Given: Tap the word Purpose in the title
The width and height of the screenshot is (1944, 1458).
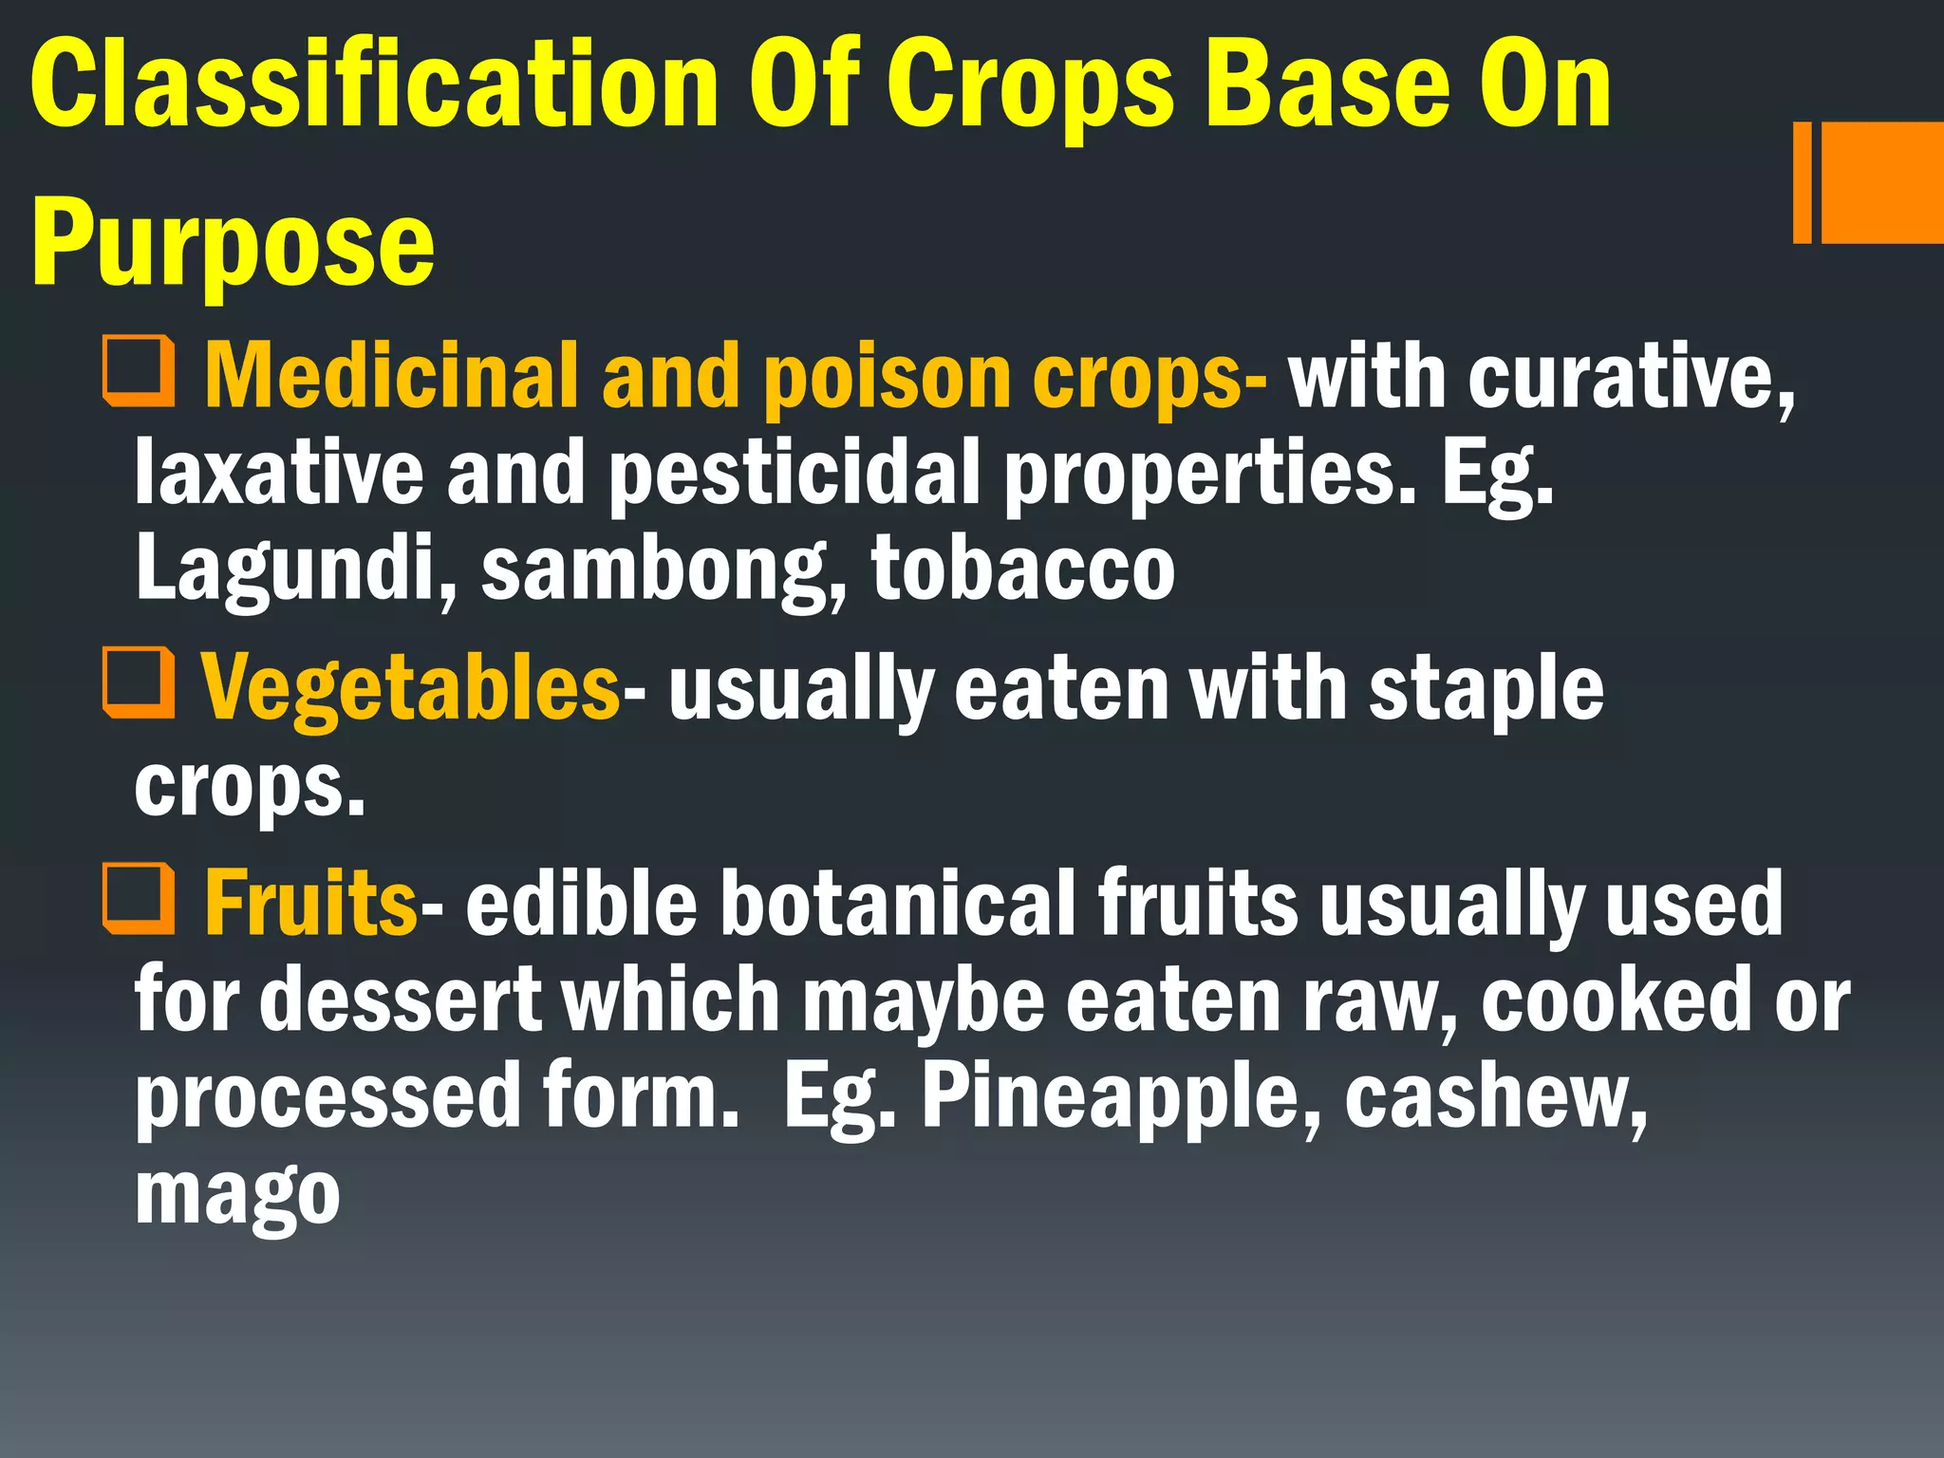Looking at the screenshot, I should coord(234,245).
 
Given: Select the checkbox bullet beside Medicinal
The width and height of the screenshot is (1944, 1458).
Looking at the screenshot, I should coord(139,371).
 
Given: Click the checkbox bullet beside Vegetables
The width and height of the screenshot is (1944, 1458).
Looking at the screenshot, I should coord(139,682).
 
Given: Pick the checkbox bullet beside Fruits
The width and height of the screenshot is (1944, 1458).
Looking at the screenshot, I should coord(139,898).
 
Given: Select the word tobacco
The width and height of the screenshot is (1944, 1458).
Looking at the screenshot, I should coord(1023,569).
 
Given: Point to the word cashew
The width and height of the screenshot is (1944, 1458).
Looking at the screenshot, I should coord(1496,1097).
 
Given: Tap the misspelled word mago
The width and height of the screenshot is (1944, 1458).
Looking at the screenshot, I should coord(237,1196).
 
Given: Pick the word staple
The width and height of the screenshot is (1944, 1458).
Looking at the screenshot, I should coord(1486,690).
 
